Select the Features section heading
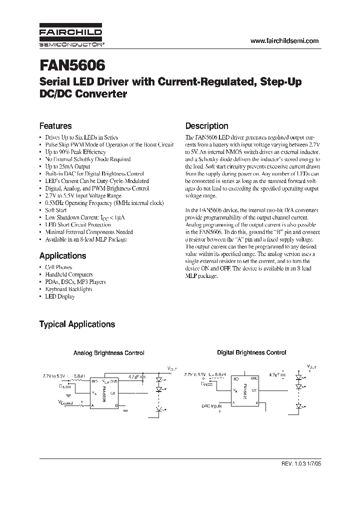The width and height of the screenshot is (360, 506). [x=55, y=126]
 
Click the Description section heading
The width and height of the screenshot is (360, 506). [x=206, y=126]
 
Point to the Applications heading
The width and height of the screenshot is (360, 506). [x=62, y=255]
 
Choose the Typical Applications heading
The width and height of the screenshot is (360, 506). [x=77, y=324]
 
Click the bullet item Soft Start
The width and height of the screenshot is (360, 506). [x=56, y=210]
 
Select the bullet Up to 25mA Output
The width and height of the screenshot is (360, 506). [x=67, y=166]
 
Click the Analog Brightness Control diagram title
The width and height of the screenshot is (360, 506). [x=109, y=353]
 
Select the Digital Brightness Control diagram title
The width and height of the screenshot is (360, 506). [x=251, y=352]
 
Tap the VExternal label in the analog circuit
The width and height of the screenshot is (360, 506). [x=65, y=402]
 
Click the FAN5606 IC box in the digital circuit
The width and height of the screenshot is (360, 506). [x=244, y=388]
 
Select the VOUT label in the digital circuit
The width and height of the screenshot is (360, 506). [x=311, y=367]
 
